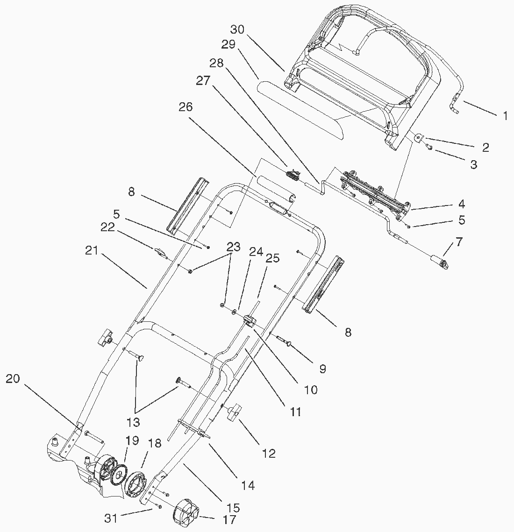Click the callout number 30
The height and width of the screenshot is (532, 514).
(x=237, y=30)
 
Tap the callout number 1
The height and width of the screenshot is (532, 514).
(x=505, y=116)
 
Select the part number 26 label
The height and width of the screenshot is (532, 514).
(x=186, y=107)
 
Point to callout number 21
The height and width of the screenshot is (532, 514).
(x=92, y=251)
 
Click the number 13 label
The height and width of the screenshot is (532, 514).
(x=133, y=422)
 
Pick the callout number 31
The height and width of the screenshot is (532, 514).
(x=111, y=518)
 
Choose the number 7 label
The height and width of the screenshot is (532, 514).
(x=459, y=242)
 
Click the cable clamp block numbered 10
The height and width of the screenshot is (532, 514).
(x=249, y=320)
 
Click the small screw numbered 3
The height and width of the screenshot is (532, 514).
(x=429, y=147)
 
